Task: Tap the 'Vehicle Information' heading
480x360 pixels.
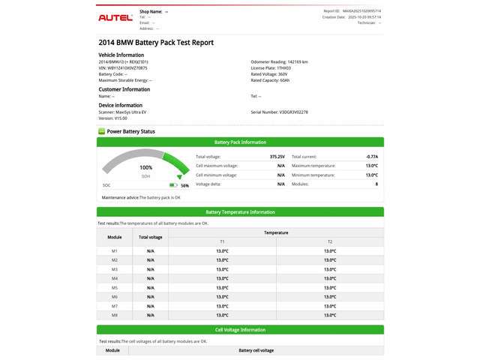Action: point(121,55)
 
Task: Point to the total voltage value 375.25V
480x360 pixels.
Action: point(277,157)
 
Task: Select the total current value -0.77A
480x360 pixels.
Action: point(371,157)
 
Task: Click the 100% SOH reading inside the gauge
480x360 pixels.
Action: point(146,168)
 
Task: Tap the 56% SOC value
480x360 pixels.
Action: point(184,184)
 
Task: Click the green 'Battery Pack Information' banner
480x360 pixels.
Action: point(240,142)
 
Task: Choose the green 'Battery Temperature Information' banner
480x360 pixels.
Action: point(240,212)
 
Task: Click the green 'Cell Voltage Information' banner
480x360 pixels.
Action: point(240,329)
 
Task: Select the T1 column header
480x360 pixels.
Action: point(222,241)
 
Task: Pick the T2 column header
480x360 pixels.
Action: point(330,241)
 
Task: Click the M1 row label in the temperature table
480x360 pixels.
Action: point(115,250)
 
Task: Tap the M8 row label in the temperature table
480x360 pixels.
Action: point(115,315)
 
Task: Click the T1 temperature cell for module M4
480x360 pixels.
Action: point(222,278)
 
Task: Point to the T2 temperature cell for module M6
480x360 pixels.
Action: point(330,297)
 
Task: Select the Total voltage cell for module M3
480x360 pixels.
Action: point(151,269)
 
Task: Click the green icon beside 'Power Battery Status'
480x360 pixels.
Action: point(102,131)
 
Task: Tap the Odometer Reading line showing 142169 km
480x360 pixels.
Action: point(279,62)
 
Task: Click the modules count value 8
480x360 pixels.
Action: point(376,184)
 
